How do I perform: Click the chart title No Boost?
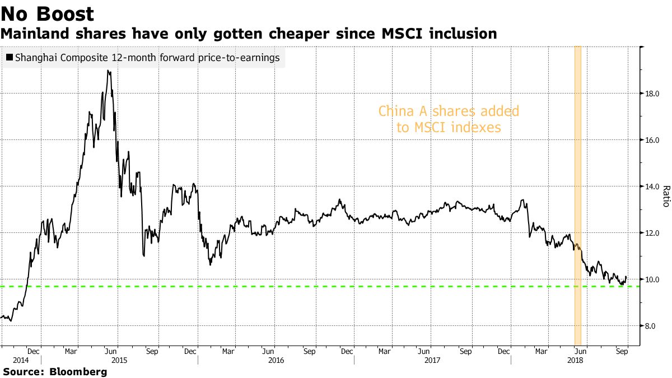click(48, 14)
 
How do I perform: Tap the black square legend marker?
click(10, 58)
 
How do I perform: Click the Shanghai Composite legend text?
click(147, 57)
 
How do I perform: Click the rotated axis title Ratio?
click(665, 197)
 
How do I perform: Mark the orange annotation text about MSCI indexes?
click(449, 119)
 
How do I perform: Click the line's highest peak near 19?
click(108, 71)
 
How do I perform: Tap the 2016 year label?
click(276, 361)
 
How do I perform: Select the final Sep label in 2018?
click(621, 352)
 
